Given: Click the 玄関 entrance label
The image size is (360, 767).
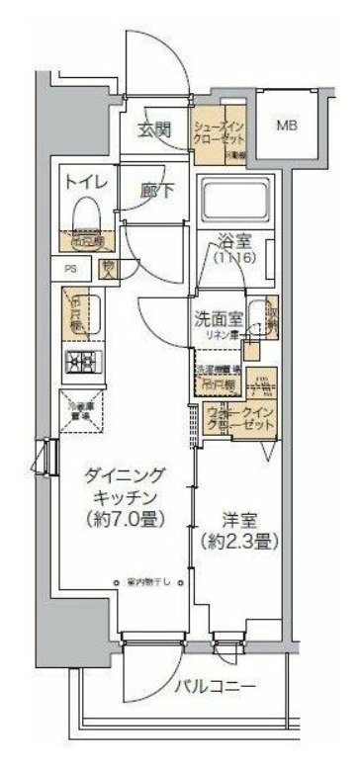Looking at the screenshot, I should tap(154, 128).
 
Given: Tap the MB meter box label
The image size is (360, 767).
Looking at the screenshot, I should tap(286, 126).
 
